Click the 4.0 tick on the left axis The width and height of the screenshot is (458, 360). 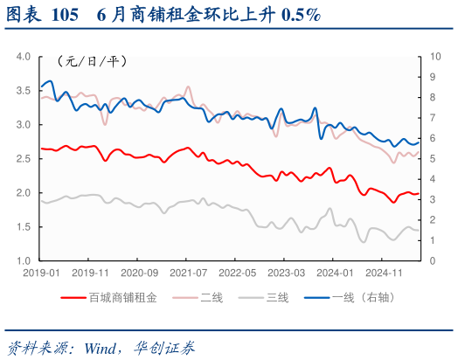pos(24,57)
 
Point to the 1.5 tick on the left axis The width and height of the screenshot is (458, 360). pos(24,227)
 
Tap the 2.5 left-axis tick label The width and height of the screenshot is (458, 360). pos(24,159)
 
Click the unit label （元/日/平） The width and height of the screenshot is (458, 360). pos(92,61)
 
